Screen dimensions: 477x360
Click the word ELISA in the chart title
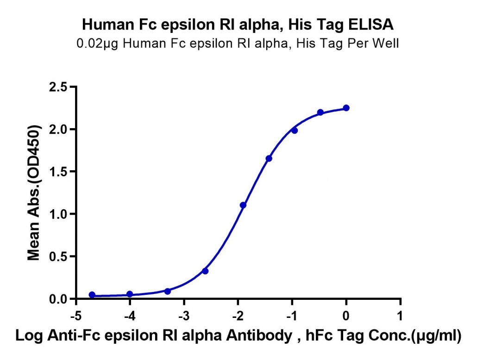click(x=370, y=25)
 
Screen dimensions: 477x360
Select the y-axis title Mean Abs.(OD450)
click(x=34, y=193)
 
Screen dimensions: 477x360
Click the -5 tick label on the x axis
click(x=76, y=316)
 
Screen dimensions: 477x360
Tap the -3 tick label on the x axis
click(x=184, y=316)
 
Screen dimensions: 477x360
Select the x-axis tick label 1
click(x=400, y=316)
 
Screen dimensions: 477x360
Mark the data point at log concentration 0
click(x=346, y=108)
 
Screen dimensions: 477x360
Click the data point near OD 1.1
click(x=243, y=205)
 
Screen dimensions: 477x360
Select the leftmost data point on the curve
click(x=92, y=295)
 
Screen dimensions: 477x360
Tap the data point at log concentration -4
click(x=130, y=294)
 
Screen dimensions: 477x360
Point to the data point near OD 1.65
click(x=269, y=158)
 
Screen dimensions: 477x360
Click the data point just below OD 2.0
click(x=295, y=130)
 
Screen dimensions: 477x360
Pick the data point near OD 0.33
click(x=205, y=271)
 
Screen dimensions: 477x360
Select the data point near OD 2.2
click(x=320, y=112)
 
